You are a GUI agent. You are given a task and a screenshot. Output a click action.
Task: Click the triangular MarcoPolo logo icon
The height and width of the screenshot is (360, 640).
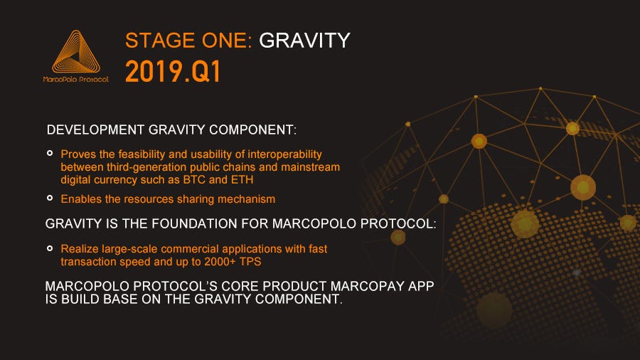(76, 51)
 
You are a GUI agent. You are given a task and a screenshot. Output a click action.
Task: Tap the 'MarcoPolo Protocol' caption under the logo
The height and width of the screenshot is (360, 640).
(76, 79)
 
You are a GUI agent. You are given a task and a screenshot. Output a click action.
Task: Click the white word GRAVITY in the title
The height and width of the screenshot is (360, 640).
(304, 41)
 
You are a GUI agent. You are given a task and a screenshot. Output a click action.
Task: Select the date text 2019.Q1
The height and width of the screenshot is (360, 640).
(173, 71)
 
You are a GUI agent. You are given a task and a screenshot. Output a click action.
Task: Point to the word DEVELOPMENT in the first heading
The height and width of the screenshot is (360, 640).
(95, 129)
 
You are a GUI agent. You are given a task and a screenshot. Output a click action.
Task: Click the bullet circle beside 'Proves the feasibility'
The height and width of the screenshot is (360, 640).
(50, 153)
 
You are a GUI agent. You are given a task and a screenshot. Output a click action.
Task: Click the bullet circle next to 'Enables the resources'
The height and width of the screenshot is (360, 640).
(50, 198)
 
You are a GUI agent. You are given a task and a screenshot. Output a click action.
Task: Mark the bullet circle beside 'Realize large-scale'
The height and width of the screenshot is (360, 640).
(50, 248)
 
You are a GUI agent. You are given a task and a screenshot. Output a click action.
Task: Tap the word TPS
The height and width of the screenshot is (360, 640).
(250, 262)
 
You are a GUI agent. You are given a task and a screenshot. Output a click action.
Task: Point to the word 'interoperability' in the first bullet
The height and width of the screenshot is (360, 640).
(284, 154)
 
